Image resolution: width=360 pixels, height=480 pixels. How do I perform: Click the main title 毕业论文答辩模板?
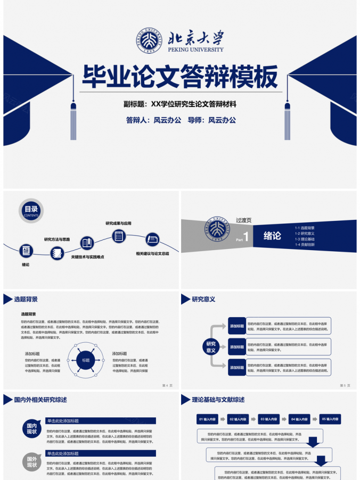(x=180, y=78)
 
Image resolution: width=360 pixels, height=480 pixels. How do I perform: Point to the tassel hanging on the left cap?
(x=73, y=121)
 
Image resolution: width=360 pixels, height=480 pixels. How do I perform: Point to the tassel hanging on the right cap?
(x=287, y=121)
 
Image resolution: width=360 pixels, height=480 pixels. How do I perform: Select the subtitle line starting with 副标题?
(x=180, y=104)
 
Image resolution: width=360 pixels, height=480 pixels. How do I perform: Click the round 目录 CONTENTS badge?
(x=31, y=210)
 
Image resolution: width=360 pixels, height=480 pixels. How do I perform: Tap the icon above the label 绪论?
(x=26, y=251)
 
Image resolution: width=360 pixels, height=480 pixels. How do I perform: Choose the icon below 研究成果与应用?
(x=118, y=235)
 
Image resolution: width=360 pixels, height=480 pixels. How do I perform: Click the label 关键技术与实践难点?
(x=88, y=257)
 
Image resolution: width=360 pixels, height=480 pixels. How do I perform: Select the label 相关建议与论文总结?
(x=152, y=254)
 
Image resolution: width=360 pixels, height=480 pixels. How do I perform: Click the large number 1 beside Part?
(x=246, y=236)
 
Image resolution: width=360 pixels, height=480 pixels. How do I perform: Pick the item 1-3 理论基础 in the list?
(x=305, y=239)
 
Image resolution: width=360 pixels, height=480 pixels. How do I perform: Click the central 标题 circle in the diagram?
(x=86, y=360)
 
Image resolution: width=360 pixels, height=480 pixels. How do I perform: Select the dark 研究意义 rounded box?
(x=211, y=347)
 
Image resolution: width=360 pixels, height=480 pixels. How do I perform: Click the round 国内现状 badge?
(x=32, y=428)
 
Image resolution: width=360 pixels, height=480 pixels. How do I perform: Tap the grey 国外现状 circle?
(x=32, y=461)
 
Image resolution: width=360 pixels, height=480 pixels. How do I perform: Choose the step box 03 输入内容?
(x=269, y=419)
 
